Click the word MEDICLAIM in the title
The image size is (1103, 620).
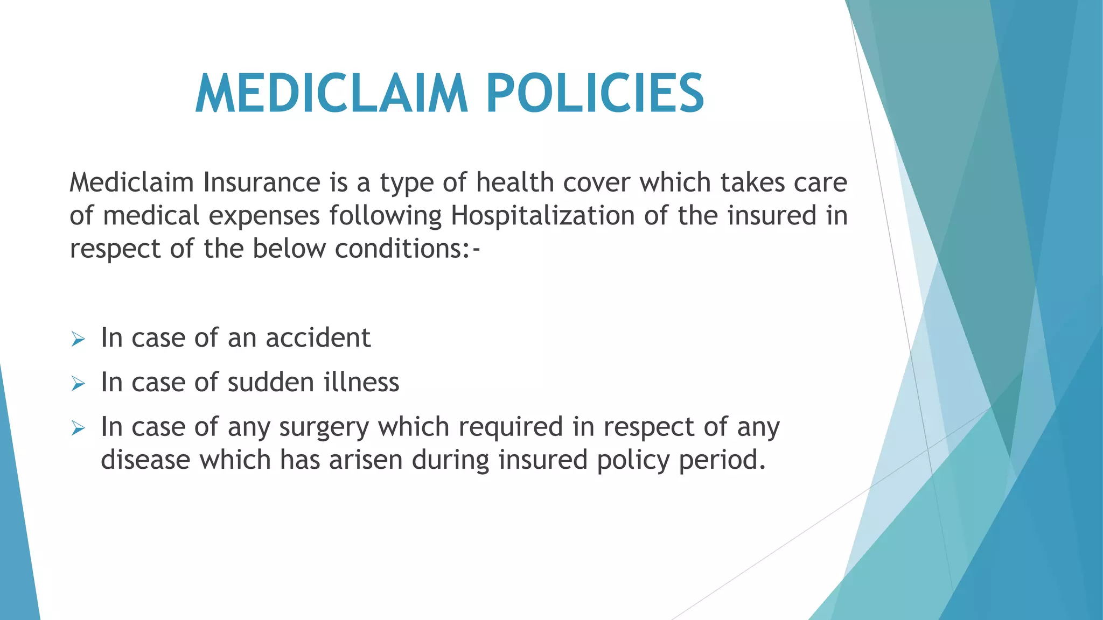[x=331, y=94]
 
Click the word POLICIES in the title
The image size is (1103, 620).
[x=595, y=94]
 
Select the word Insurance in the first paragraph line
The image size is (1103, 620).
[x=262, y=182]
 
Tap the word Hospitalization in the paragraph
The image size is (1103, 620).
[x=543, y=216]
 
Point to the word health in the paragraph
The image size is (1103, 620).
[x=515, y=182]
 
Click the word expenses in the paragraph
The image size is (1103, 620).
[x=264, y=216]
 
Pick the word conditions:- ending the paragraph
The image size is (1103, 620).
[x=407, y=249]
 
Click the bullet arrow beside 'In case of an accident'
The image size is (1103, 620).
[x=78, y=340]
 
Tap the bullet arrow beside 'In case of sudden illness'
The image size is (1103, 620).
[x=78, y=384]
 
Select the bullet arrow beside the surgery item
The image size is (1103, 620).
[x=78, y=428]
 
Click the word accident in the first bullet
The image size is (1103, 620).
[x=318, y=338]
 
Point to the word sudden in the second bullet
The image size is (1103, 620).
[x=271, y=383]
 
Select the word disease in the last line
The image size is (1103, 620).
[x=145, y=460]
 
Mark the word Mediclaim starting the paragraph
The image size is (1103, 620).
[x=132, y=182]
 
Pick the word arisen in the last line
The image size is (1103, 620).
[x=366, y=460]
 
